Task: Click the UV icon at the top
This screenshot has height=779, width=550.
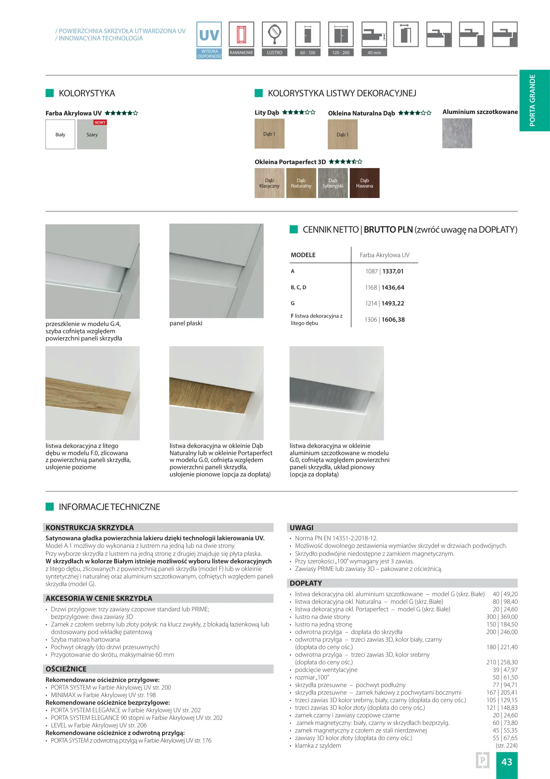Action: tap(209, 35)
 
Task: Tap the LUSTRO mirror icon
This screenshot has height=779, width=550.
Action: tap(274, 35)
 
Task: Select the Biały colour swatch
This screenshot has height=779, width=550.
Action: tap(60, 135)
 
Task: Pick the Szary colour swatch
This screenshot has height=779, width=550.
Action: tap(92, 136)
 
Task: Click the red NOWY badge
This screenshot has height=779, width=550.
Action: tap(100, 122)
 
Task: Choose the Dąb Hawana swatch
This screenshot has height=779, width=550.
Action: tap(365, 183)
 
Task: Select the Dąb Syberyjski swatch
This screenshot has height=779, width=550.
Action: tap(333, 183)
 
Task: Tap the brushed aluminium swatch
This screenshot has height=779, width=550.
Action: tap(457, 133)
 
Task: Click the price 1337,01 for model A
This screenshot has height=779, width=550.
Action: tap(393, 271)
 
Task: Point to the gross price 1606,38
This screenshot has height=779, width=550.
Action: tap(393, 320)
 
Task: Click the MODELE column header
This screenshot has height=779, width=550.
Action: tap(303, 255)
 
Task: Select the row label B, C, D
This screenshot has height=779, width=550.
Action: tap(299, 287)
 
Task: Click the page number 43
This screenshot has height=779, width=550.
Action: tap(506, 762)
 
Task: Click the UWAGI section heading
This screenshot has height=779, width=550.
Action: tap(301, 528)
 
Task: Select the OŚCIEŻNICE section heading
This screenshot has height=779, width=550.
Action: tap(66, 669)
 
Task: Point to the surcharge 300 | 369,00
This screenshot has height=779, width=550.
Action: tap(502, 617)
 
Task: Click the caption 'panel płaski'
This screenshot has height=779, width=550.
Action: tap(186, 323)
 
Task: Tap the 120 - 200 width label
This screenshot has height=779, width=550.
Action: tap(341, 53)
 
